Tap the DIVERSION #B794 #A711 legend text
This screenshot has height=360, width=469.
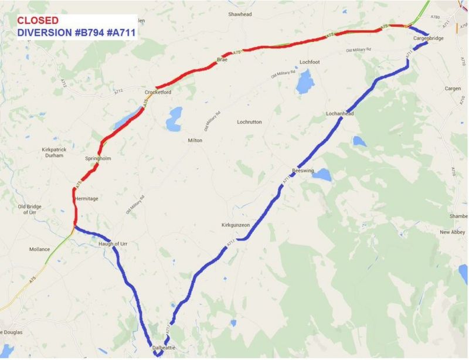[76, 33]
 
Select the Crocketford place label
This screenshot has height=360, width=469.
[158, 93]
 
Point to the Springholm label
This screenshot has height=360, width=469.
[98, 159]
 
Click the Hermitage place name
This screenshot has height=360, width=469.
[87, 199]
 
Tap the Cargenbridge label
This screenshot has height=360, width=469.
[429, 38]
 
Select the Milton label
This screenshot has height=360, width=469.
[195, 141]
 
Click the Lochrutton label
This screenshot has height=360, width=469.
[249, 122]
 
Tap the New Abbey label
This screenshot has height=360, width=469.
[452, 233]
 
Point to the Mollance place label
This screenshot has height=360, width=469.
[40, 249]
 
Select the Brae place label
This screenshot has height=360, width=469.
[222, 60]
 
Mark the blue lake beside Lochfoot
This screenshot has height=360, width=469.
[305, 82]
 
